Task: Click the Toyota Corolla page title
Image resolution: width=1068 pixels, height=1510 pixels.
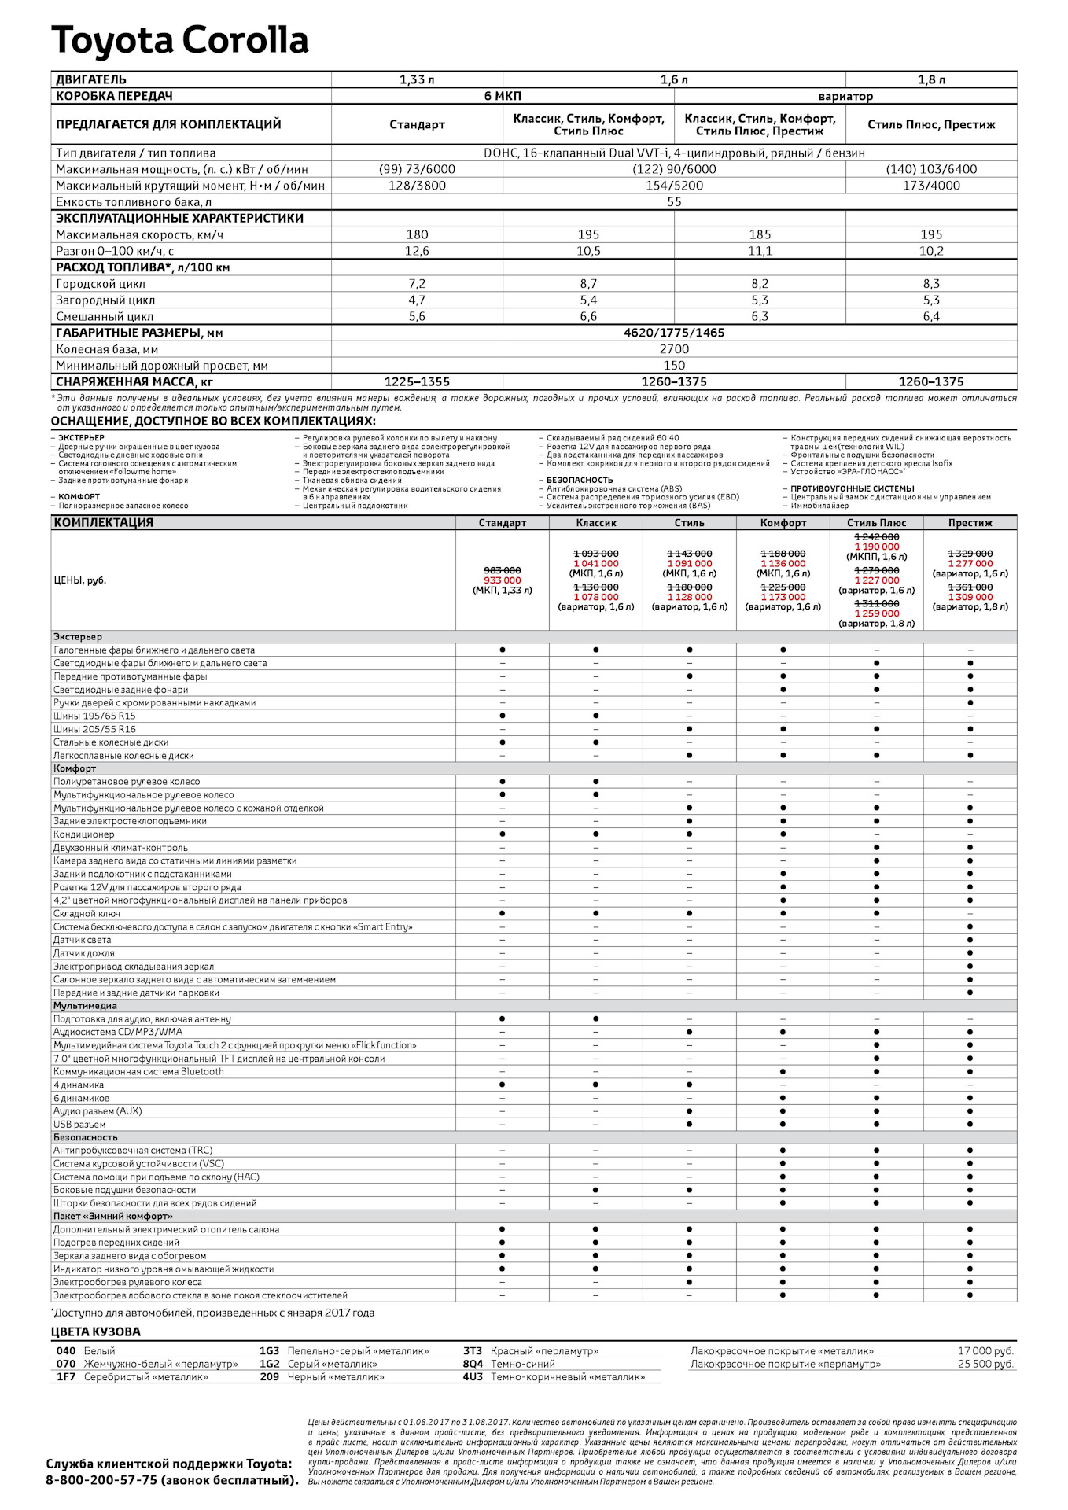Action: coord(179,41)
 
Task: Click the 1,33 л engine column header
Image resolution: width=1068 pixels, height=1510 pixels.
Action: coord(417,80)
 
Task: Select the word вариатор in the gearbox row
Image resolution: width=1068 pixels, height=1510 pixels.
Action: coord(845,97)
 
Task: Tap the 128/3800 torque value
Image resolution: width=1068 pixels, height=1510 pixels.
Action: coord(417,186)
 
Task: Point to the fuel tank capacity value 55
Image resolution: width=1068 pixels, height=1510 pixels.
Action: coord(674,202)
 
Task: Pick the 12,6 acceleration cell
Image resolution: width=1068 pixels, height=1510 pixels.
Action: coord(417,251)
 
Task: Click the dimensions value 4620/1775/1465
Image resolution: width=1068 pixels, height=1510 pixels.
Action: coord(674,333)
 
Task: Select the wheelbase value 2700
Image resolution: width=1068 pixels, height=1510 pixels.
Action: coord(674,349)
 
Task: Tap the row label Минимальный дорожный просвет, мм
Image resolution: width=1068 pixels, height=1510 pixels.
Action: coord(162,366)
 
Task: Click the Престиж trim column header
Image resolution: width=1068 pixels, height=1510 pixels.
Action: coord(970,523)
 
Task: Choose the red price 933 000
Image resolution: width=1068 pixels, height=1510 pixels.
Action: coord(502,580)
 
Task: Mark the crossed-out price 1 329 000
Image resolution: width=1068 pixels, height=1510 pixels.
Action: coord(970,554)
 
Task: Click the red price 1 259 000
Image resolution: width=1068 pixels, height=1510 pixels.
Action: coord(877,613)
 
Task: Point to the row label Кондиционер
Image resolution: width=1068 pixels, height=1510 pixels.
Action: coord(84,834)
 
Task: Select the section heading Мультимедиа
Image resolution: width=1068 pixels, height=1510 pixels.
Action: coord(85,1006)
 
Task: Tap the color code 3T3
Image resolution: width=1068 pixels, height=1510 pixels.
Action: coord(472,1351)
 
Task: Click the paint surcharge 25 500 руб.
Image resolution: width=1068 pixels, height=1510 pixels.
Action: coord(985,1365)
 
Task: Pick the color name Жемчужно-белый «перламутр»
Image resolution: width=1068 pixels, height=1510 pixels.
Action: coord(160,1365)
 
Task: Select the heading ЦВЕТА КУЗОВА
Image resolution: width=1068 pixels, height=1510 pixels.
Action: coord(96,1332)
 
